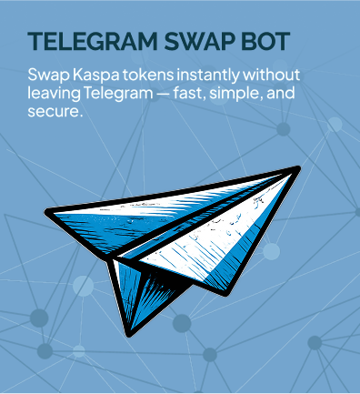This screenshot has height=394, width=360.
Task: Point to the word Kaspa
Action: click(95, 75)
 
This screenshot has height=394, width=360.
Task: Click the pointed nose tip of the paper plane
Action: click(297, 168)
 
